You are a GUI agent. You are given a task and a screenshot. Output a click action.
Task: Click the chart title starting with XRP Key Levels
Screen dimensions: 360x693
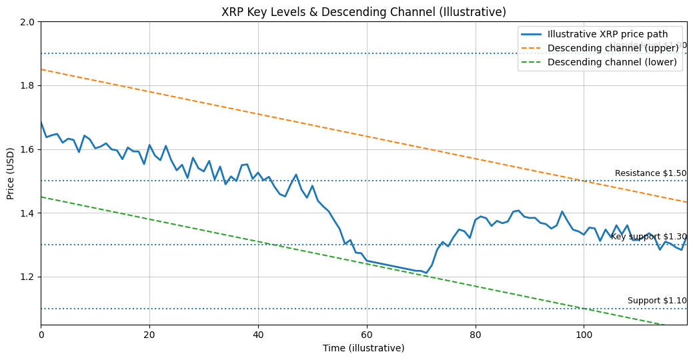click(364, 12)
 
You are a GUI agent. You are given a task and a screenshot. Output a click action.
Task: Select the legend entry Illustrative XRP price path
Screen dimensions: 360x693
click(612, 34)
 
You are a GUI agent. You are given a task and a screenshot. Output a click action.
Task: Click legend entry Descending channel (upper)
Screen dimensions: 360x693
click(612, 48)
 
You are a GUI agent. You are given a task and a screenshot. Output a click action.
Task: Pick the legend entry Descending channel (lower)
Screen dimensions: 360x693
click(612, 62)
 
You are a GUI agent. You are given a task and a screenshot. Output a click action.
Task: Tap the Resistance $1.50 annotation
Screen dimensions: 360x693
click(650, 173)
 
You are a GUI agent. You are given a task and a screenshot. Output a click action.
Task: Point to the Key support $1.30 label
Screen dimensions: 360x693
click(648, 237)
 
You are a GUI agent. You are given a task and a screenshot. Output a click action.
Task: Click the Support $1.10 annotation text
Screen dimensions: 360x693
click(657, 301)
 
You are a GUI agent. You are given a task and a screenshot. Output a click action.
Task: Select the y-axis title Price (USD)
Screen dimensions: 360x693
click(11, 173)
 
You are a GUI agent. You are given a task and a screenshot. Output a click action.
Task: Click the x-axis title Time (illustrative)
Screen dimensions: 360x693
click(364, 348)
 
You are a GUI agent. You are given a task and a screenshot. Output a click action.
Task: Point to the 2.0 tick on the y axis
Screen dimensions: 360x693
click(27, 22)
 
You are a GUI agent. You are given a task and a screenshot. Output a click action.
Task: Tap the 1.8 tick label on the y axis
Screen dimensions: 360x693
click(27, 86)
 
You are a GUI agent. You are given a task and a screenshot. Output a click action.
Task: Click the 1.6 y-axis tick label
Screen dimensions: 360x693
click(27, 149)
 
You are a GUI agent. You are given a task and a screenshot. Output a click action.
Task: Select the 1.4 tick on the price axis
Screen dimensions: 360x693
click(27, 213)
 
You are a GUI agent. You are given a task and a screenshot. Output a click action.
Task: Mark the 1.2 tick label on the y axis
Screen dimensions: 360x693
click(27, 277)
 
